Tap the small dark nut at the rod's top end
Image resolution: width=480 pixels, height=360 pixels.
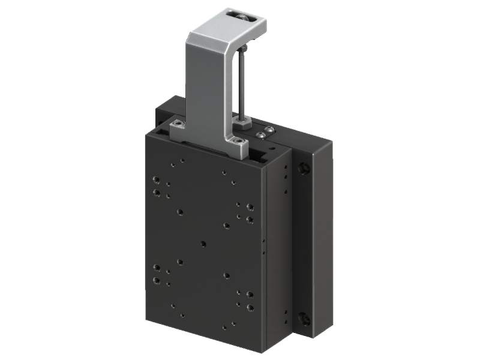[246, 46]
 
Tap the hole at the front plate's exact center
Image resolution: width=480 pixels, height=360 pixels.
[203, 244]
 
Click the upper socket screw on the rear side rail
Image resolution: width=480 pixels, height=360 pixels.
[304, 169]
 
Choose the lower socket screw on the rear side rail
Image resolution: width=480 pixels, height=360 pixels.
[304, 318]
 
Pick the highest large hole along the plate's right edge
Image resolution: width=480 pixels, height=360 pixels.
[250, 207]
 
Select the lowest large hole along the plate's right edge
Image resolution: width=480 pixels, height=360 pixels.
[250, 308]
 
